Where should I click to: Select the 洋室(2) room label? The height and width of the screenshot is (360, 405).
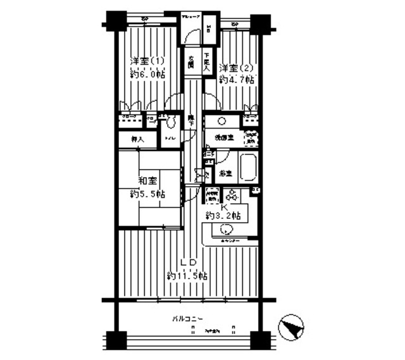(237, 68)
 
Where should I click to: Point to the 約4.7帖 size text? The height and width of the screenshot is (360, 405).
(237, 80)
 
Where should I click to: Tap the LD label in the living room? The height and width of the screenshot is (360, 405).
(186, 262)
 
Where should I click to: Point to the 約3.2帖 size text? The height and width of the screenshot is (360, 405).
(223, 216)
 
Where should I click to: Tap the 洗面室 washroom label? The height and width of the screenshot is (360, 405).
(223, 137)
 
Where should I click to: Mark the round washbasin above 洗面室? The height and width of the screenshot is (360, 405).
(223, 121)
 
